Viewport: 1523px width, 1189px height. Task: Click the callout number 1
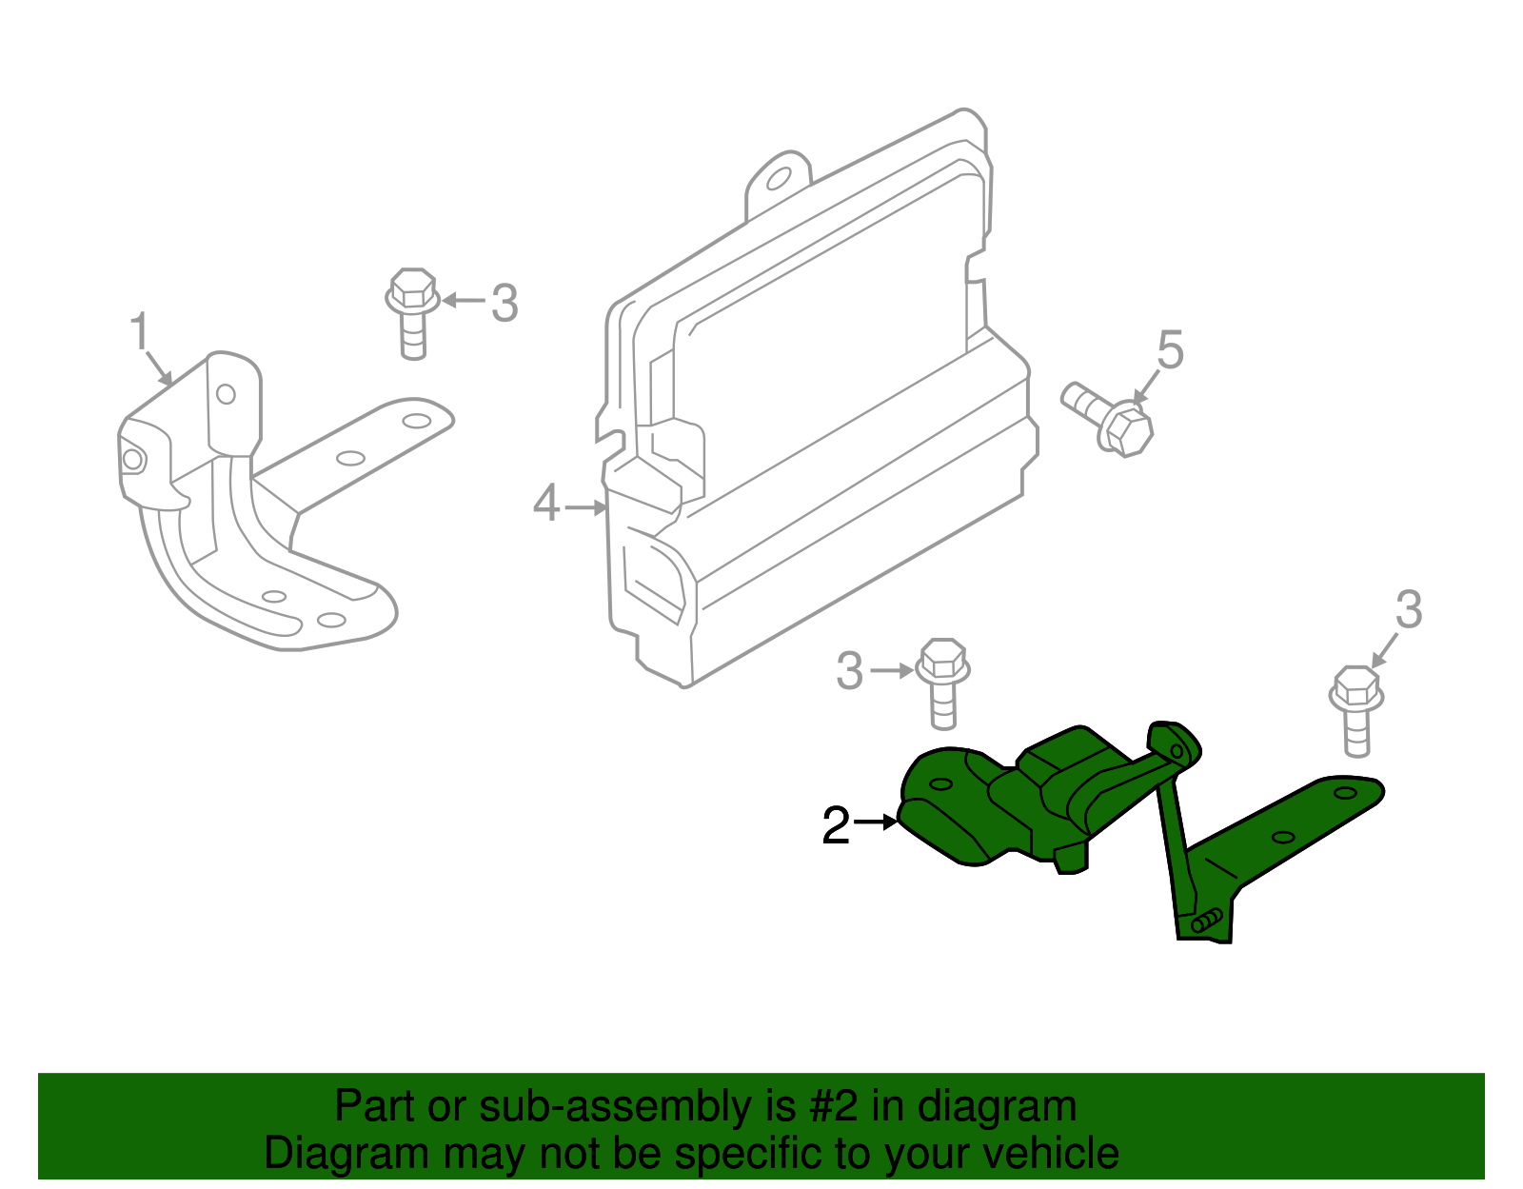(x=140, y=332)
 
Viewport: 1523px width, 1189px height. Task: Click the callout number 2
(x=836, y=825)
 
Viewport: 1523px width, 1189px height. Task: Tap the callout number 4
(x=545, y=504)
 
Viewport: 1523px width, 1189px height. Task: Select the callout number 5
(x=1170, y=350)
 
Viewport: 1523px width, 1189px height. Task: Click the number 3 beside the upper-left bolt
(x=504, y=304)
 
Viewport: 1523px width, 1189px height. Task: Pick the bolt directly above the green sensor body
(x=942, y=682)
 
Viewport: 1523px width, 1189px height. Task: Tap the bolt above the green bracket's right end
(x=1355, y=709)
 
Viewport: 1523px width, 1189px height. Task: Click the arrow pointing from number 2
(x=877, y=820)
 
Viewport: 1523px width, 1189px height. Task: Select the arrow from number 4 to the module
(x=585, y=507)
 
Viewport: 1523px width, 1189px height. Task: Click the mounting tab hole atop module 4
(x=778, y=179)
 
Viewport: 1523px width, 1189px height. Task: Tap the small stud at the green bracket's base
(x=1206, y=920)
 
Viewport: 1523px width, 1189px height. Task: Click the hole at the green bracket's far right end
(x=1345, y=792)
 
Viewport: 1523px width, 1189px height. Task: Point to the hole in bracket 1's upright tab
(x=226, y=393)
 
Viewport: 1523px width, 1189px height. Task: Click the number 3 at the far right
(x=1409, y=609)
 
